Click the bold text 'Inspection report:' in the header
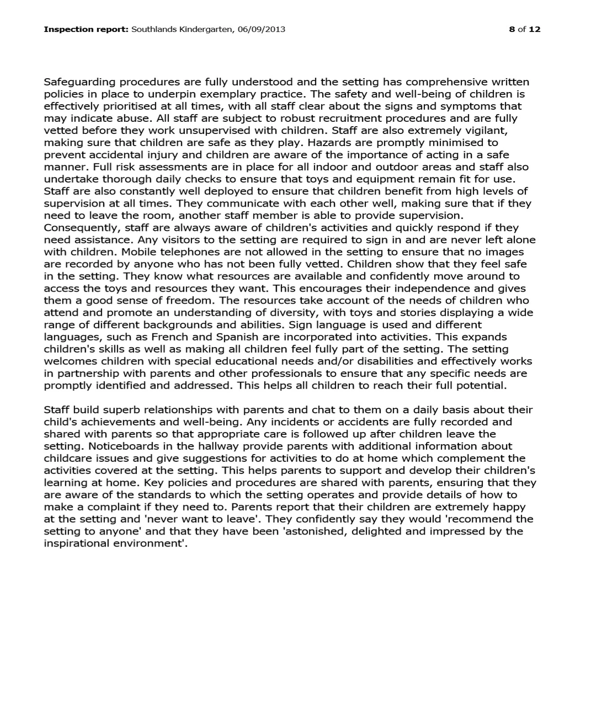[86, 30]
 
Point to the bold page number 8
[512, 30]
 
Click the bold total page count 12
[535, 30]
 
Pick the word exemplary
[232, 94]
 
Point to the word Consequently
[83, 228]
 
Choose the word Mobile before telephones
[136, 252]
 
